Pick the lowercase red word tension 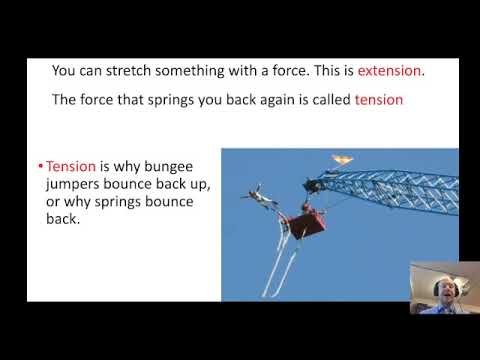(378, 100)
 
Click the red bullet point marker (38, 167)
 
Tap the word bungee (175, 166)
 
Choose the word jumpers (76, 184)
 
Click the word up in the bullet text (198, 184)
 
